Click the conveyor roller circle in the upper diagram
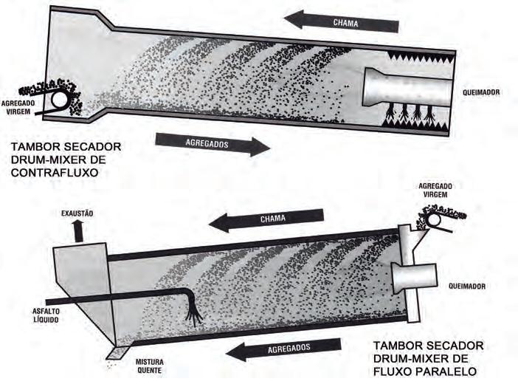(x=60, y=97)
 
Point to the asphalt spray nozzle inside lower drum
(x=196, y=313)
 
